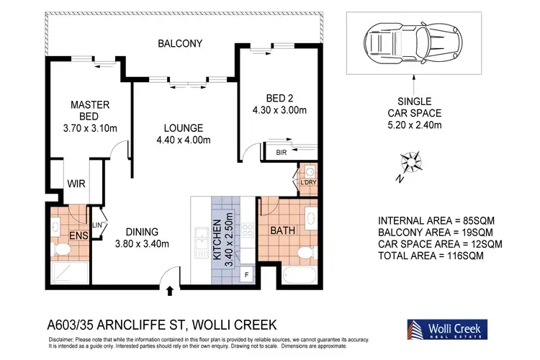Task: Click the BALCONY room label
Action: (180, 43)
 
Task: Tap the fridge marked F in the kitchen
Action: (246, 274)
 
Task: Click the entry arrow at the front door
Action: (169, 291)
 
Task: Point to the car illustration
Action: (413, 42)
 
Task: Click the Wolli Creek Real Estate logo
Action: (447, 330)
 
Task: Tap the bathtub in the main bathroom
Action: (300, 275)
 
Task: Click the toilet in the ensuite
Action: (61, 249)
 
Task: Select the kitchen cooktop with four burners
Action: (248, 230)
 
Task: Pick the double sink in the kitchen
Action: (202, 242)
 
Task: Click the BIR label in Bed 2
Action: (282, 152)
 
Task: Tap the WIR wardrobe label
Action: (76, 184)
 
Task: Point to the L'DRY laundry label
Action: (308, 182)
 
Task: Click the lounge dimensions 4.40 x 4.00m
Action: (184, 140)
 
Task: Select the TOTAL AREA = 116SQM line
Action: (431, 256)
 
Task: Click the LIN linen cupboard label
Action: (97, 225)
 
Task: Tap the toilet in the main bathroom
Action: (307, 253)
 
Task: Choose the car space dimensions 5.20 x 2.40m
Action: (415, 125)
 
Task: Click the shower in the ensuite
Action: (70, 273)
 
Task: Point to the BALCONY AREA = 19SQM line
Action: (436, 232)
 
